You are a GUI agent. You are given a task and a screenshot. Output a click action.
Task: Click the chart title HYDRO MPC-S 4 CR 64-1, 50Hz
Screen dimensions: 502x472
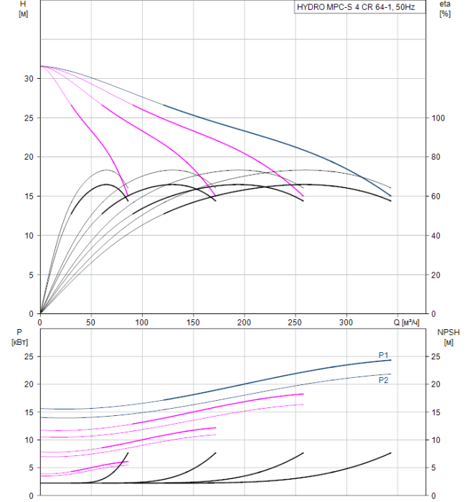pyautogui.click(x=355, y=7)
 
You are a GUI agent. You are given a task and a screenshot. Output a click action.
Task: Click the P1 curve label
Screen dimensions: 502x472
pyautogui.click(x=384, y=355)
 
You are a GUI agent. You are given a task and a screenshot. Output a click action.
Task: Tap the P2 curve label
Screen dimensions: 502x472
pyautogui.click(x=384, y=380)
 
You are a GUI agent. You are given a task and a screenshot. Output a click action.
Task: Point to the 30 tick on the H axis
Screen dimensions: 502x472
pyautogui.click(x=29, y=78)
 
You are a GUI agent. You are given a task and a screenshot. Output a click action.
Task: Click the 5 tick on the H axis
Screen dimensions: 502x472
pyautogui.click(x=31, y=275)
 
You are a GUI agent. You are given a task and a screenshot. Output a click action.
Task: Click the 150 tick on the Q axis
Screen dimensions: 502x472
pyautogui.click(x=193, y=322)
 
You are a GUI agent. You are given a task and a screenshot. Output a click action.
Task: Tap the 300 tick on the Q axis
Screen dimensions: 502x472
pyautogui.click(x=347, y=322)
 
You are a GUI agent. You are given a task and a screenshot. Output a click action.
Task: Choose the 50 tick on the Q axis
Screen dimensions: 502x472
pyautogui.click(x=90, y=322)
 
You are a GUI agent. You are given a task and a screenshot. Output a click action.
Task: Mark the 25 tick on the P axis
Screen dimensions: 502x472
pyautogui.click(x=29, y=356)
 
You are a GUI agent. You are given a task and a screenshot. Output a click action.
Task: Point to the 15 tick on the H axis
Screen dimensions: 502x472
pyautogui.click(x=29, y=196)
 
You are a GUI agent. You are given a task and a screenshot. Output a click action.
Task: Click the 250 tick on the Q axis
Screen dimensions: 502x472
pyautogui.click(x=296, y=322)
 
